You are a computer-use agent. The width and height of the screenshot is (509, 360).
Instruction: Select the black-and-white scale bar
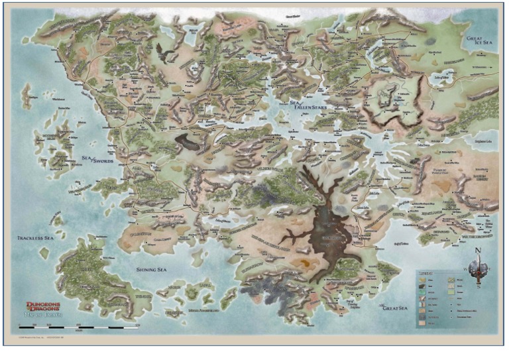(73, 327)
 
